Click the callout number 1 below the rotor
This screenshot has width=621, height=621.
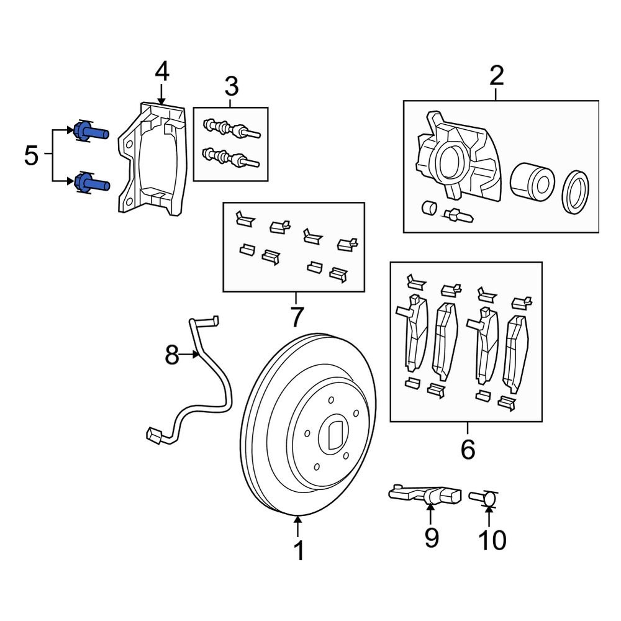(299, 550)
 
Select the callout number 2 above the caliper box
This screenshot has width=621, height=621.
(497, 76)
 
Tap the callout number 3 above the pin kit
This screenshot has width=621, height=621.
(230, 84)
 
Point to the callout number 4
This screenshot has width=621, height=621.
(161, 71)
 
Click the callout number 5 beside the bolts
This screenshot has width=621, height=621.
(31, 156)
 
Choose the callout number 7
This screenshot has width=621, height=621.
(296, 317)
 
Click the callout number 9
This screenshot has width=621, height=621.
(431, 537)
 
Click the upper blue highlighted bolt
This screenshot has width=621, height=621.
(90, 132)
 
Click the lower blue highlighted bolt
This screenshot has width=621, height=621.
(90, 183)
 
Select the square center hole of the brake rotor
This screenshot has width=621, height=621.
(334, 435)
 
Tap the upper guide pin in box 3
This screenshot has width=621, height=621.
(231, 130)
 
